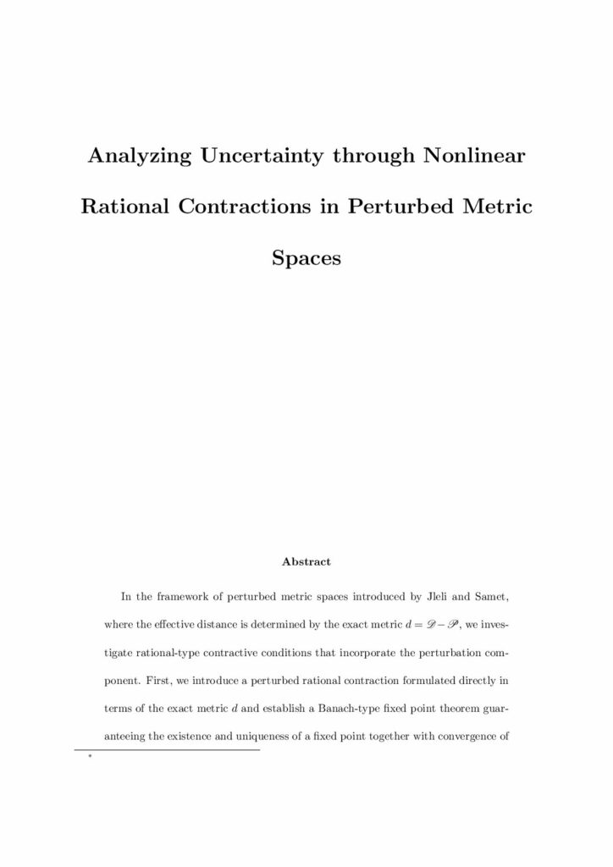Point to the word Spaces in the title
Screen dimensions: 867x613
(306, 258)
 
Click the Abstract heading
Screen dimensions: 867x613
(306, 561)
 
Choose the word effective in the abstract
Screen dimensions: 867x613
(187, 627)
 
